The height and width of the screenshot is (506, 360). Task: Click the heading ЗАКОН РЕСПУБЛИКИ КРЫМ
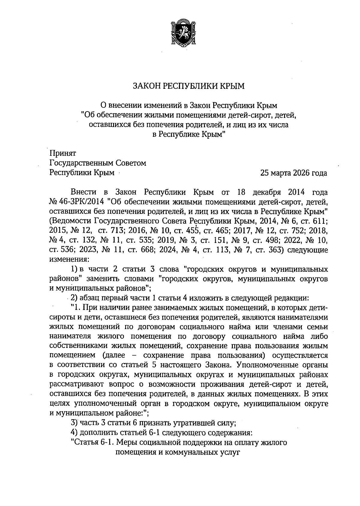point(189,86)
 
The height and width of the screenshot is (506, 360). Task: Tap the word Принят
point(63,153)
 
